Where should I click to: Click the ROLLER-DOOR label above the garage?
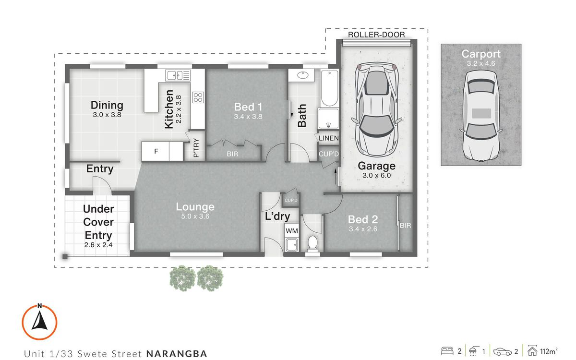(x=376, y=35)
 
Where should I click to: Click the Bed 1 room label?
(x=248, y=107)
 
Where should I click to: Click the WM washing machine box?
(x=291, y=231)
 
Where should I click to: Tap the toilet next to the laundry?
(x=312, y=243)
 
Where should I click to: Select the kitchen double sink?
(x=178, y=75)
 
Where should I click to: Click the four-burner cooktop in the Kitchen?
(x=198, y=97)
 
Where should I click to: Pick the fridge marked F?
(x=156, y=151)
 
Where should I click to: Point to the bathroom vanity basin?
(x=303, y=75)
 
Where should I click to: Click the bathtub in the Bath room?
(x=329, y=88)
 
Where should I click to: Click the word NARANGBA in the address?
(x=177, y=354)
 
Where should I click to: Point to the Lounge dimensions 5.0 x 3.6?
(x=195, y=216)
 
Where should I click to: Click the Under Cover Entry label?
(x=98, y=222)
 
